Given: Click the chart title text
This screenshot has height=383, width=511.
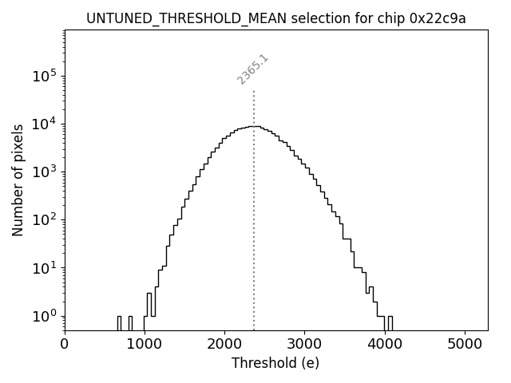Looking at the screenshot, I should pyautogui.click(x=275, y=18).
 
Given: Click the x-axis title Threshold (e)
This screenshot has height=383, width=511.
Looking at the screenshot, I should pyautogui.click(x=275, y=363).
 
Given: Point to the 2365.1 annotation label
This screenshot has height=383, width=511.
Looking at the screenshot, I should pyautogui.click(x=252, y=69).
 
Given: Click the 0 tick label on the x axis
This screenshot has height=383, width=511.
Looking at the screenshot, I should pyautogui.click(x=65, y=344).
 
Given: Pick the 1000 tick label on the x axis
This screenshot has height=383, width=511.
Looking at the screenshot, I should pyautogui.click(x=145, y=344).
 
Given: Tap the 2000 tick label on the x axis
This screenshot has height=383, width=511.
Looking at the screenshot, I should pyautogui.click(x=224, y=344).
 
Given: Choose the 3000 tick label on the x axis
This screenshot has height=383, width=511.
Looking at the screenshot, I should pyautogui.click(x=304, y=344).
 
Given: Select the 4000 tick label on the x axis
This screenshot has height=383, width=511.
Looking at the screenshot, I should pyautogui.click(x=385, y=344).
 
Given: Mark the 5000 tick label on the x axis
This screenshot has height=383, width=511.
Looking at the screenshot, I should pyautogui.click(x=465, y=344).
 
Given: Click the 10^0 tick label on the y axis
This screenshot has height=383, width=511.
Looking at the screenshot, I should pyautogui.click(x=43, y=316).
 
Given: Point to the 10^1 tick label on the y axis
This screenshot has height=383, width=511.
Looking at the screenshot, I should pyautogui.click(x=43, y=268).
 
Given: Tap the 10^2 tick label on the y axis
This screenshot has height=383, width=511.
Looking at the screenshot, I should pyautogui.click(x=43, y=220).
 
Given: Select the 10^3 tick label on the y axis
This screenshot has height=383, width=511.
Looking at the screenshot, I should pyautogui.click(x=43, y=172).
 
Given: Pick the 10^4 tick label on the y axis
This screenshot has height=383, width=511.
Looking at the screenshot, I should pyautogui.click(x=43, y=124).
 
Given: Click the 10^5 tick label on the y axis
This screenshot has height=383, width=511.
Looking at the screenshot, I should pyautogui.click(x=43, y=76).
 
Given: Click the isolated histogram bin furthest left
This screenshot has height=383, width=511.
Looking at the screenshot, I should pyautogui.click(x=119, y=322).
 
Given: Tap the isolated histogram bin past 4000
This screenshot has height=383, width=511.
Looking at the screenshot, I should pyautogui.click(x=390, y=322).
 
